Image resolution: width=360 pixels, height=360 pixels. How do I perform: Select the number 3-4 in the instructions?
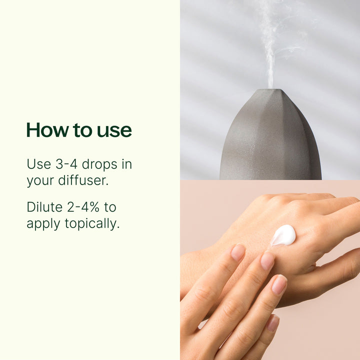(63, 164)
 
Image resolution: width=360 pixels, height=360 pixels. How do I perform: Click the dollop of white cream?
(284, 234)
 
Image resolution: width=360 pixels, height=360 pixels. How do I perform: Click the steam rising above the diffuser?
(270, 45)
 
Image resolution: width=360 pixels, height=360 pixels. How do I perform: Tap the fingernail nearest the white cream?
(267, 260)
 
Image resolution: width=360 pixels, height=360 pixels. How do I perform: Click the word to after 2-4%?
(110, 207)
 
